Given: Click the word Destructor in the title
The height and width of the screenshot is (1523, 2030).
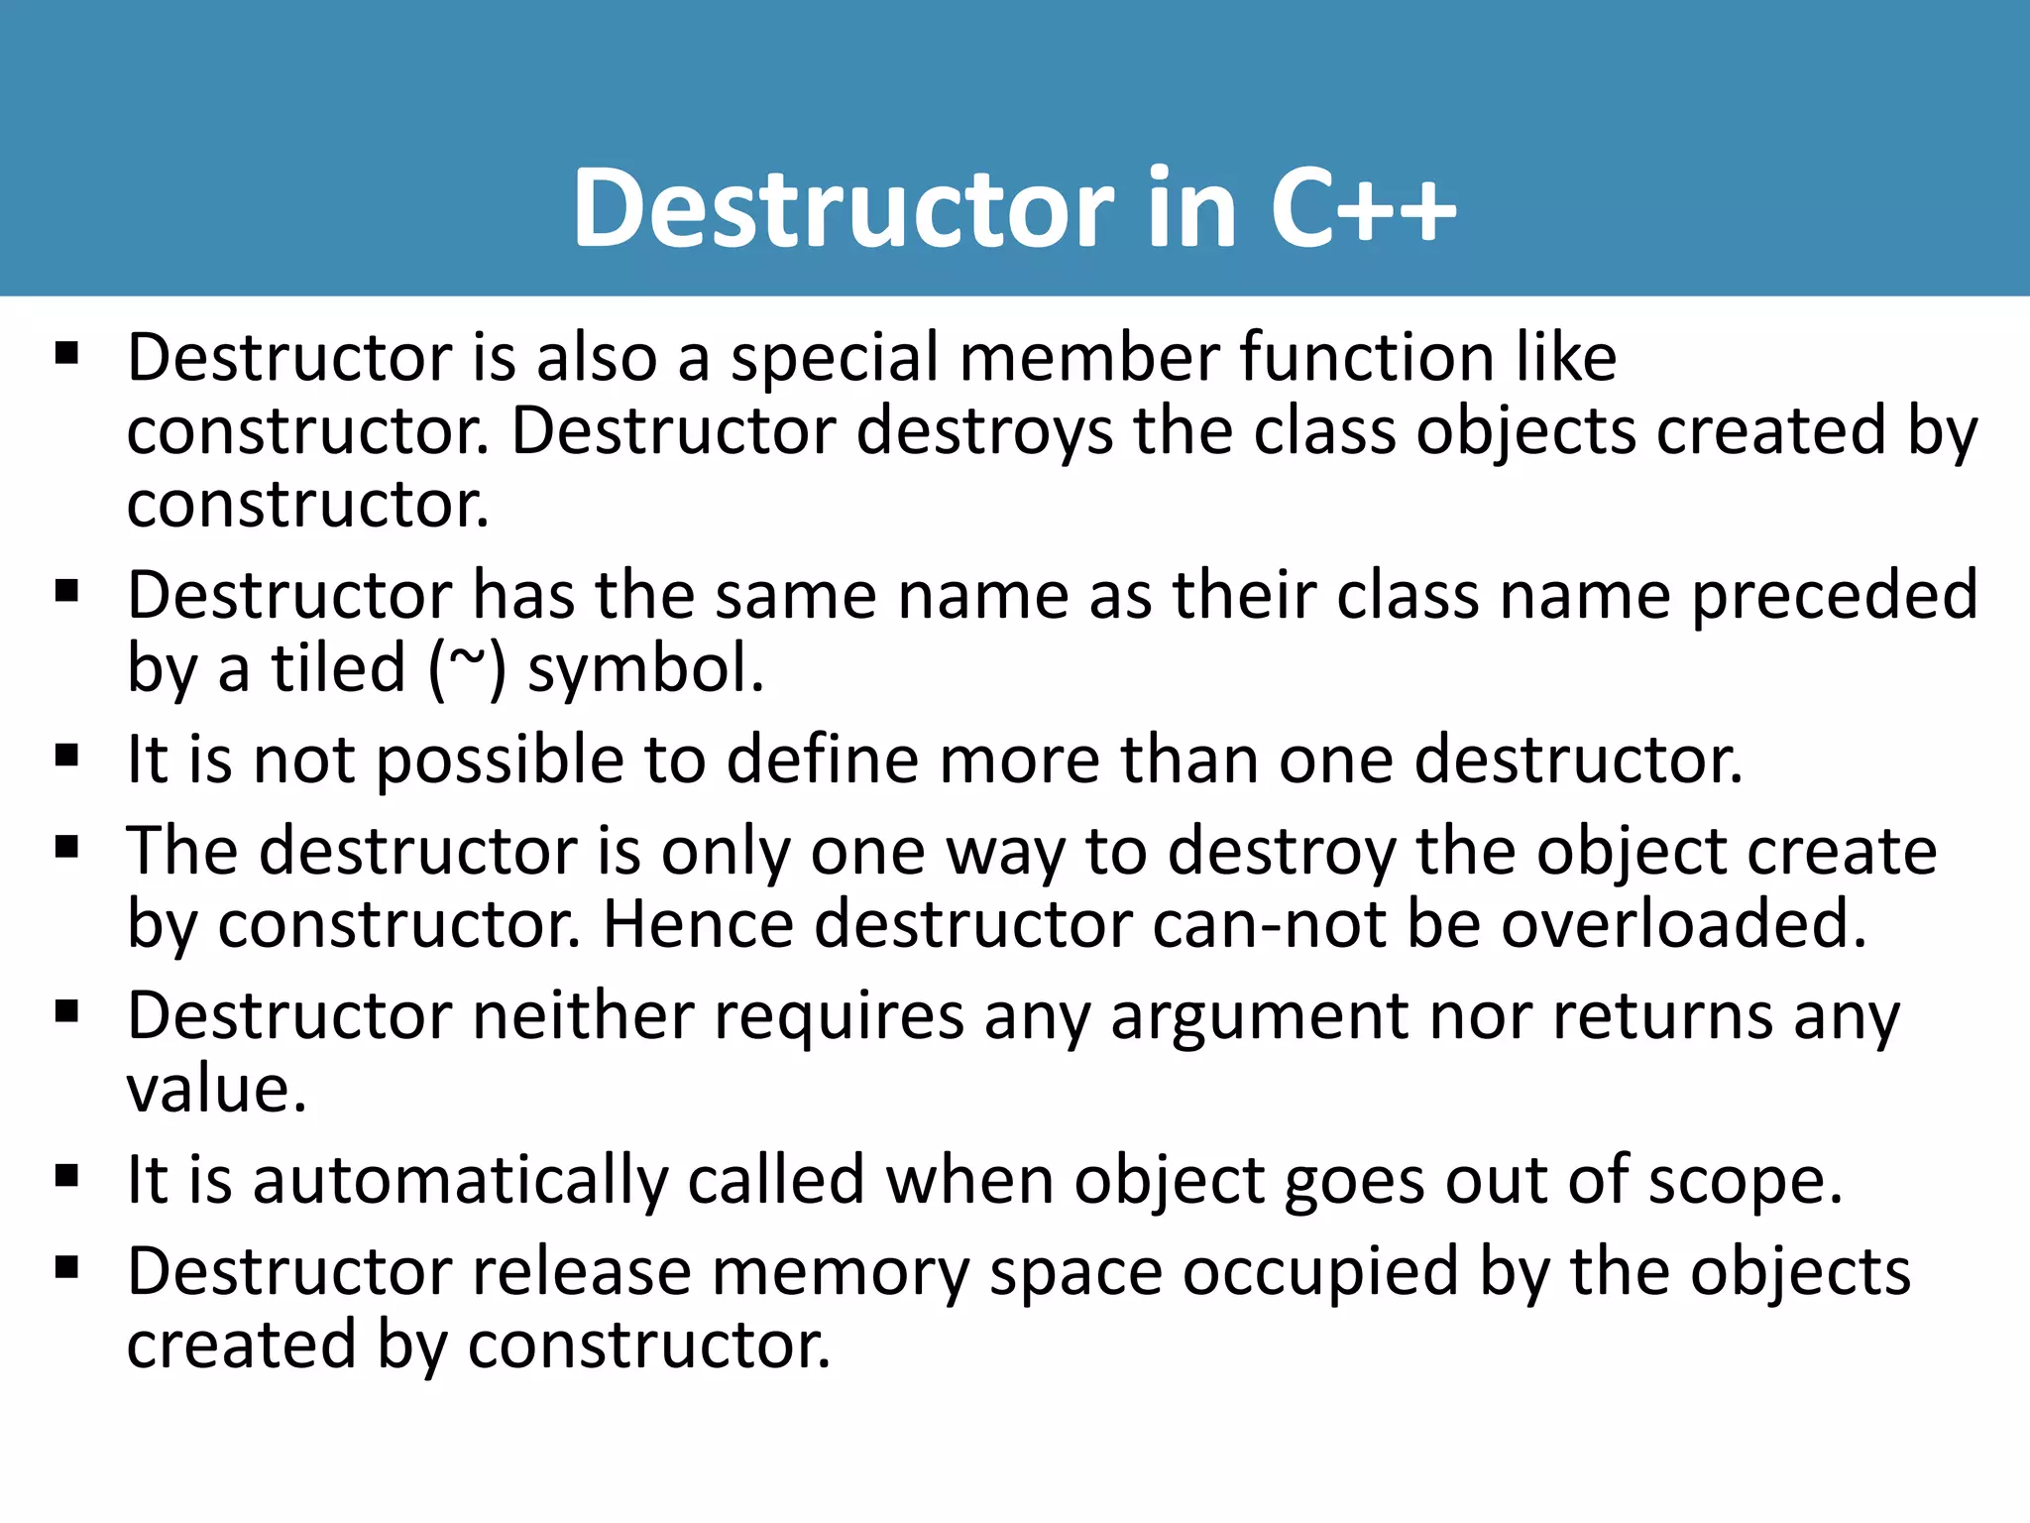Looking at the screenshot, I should click(x=843, y=208).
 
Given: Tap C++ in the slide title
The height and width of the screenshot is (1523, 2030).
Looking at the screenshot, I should click(x=1363, y=208).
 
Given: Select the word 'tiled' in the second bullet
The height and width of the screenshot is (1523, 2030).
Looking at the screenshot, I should click(x=339, y=668).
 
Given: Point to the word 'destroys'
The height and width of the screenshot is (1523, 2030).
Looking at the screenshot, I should click(x=984, y=432).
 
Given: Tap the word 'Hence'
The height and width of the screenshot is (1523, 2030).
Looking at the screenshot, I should click(x=698, y=924).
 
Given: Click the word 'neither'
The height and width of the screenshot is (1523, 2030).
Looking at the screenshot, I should click(x=583, y=1015).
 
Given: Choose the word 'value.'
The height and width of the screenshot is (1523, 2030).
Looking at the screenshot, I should click(x=216, y=1089).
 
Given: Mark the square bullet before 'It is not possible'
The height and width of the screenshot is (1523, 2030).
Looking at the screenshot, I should click(x=67, y=757).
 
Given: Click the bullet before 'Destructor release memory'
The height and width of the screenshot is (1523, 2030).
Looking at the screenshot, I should click(x=67, y=1267).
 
